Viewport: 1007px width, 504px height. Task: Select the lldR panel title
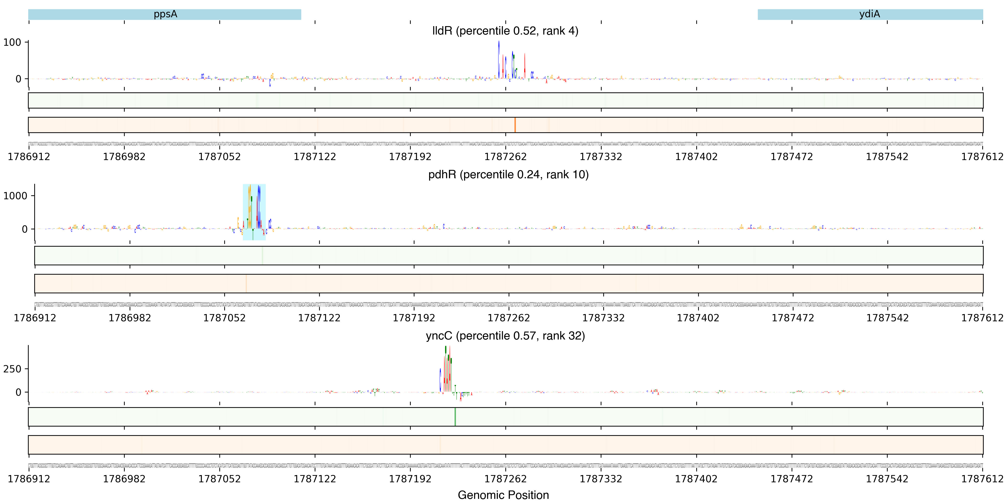505,31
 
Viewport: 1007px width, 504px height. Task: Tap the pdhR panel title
508,175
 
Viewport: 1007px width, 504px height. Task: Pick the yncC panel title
505,336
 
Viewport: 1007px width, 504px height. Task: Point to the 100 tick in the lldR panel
13,42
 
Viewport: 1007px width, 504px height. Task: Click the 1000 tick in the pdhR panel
16,196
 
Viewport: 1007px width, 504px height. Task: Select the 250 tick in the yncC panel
13,369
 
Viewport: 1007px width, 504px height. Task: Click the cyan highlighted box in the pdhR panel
254,212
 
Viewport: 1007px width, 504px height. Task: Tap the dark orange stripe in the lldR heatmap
515,125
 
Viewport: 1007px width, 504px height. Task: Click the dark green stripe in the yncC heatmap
455,417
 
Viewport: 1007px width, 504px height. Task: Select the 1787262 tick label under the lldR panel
505,157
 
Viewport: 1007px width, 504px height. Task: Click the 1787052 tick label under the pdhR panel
224,318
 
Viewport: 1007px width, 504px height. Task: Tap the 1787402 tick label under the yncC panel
696,479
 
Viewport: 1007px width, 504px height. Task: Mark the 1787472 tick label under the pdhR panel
793,318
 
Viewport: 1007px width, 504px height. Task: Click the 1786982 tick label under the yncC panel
124,479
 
